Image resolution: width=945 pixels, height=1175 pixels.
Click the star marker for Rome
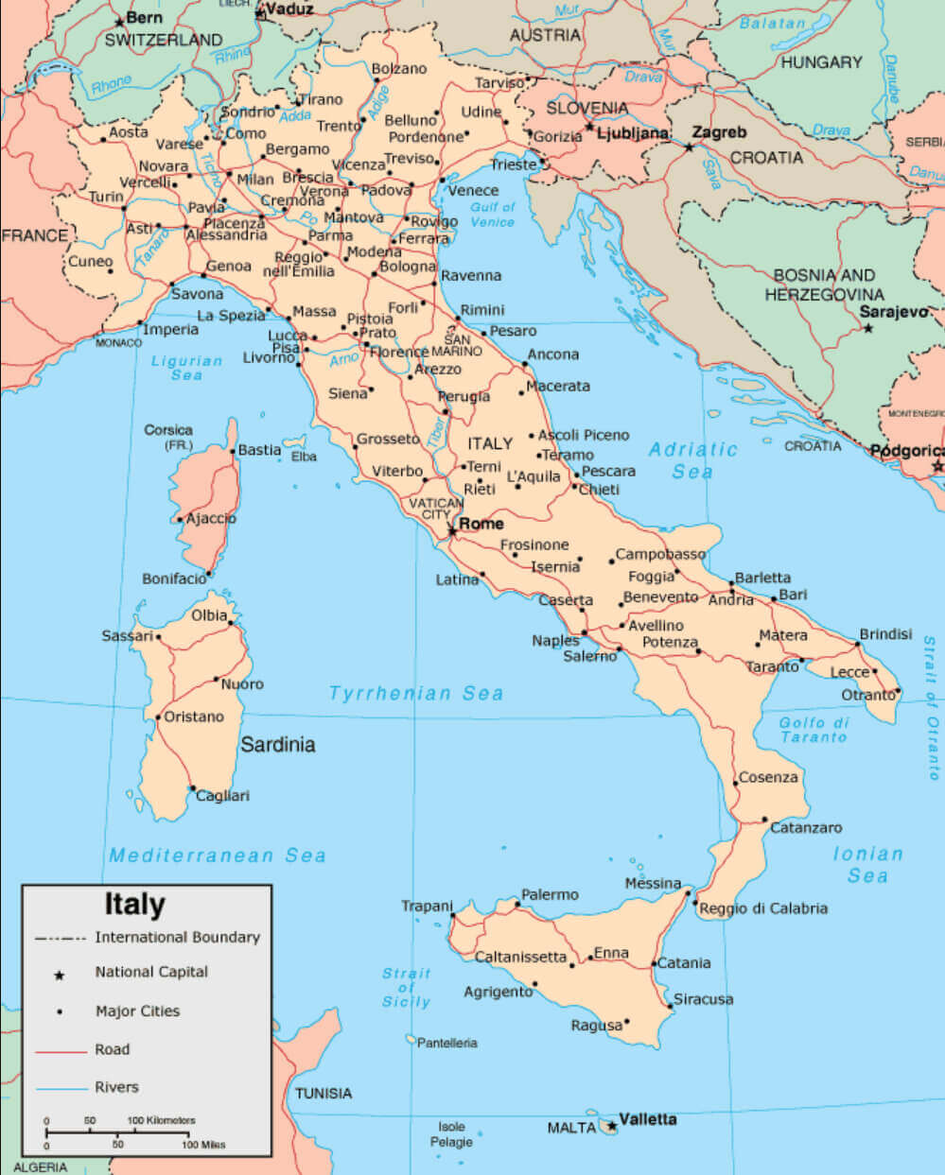point(452,531)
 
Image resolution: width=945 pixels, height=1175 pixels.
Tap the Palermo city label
point(550,894)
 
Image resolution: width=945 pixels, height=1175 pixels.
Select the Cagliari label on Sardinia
point(222,796)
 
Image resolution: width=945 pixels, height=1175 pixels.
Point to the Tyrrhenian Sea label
point(415,694)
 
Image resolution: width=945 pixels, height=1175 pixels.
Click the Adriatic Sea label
point(692,460)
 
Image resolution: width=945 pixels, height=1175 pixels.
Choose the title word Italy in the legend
point(134,905)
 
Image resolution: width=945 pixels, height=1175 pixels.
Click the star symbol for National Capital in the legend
point(59,975)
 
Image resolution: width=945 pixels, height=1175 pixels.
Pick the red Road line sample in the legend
point(61,1051)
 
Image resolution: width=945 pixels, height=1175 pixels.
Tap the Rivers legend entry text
point(116,1087)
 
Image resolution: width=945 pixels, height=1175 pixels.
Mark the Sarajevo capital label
point(894,313)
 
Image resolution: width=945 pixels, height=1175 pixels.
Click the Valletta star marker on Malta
point(612,1126)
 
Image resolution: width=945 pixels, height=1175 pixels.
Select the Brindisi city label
point(885,634)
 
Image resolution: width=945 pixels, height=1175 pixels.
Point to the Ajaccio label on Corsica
point(211,518)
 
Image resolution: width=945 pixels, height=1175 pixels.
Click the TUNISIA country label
point(323,1094)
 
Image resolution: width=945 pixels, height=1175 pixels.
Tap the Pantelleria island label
point(446,1043)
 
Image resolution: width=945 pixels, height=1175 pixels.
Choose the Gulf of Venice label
point(492,215)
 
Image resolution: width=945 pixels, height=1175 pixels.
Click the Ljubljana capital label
point(633,133)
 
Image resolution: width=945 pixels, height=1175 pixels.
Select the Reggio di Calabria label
point(763,908)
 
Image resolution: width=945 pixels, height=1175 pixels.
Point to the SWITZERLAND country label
point(163,40)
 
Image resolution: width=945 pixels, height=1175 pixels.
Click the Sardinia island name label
point(277,745)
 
